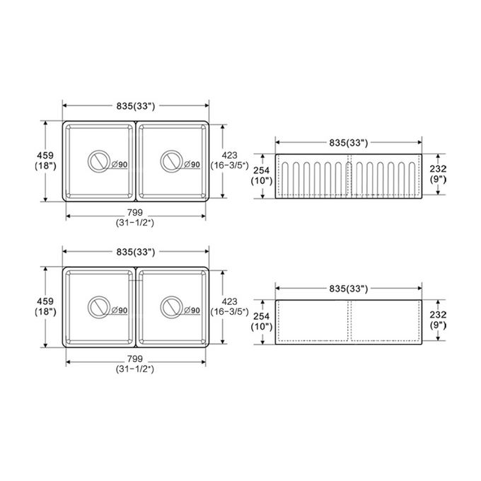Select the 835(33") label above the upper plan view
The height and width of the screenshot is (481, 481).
click(136, 106)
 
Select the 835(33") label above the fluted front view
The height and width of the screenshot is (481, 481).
click(349, 143)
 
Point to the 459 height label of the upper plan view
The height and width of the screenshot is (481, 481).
click(45, 155)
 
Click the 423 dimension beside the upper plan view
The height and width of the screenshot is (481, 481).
click(229, 155)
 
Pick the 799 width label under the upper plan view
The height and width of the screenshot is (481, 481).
click(135, 212)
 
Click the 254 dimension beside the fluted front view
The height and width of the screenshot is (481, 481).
click(261, 170)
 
